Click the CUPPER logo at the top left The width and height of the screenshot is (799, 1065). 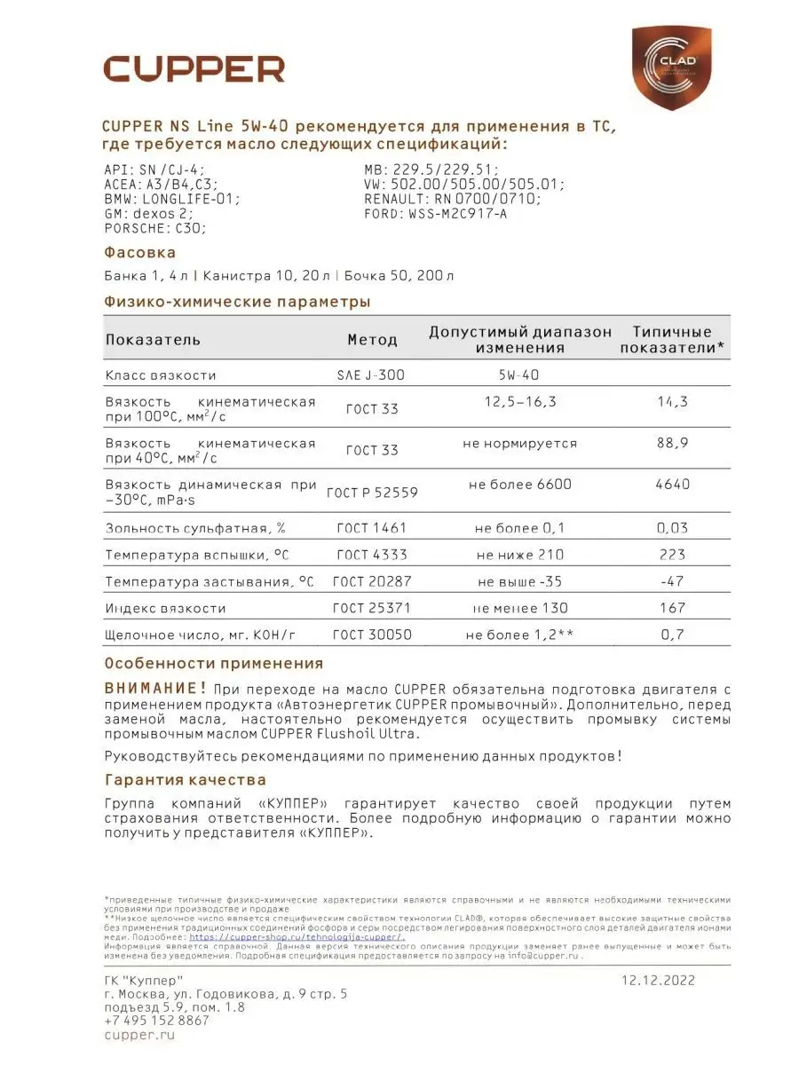point(194,69)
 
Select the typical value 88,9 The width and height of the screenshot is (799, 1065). point(673,443)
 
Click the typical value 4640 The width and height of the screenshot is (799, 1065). point(673,485)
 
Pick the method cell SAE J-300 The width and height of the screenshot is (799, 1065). point(371,375)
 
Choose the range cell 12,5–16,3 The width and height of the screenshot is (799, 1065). point(520,402)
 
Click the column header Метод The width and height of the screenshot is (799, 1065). point(372,340)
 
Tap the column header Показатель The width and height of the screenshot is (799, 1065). point(153,340)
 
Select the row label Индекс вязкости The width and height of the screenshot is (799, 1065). point(165,609)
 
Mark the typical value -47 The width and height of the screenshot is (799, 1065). point(673,582)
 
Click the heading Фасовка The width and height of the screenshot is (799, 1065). point(140,253)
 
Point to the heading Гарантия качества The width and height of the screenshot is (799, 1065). point(185,780)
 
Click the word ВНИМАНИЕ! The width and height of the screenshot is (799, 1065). point(154,688)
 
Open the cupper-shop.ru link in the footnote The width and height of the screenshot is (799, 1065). point(297,936)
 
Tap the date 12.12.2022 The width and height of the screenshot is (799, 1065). point(657,981)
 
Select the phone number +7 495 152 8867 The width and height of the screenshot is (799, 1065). point(157,1021)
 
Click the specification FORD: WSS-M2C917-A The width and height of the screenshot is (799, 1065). point(435,214)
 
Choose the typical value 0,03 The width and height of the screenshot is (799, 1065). point(673,529)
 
